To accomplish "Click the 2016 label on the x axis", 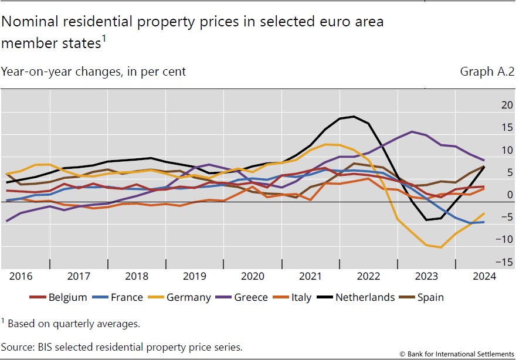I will [20, 276].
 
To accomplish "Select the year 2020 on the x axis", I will [253, 276].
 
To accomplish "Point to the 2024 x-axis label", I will [484, 276].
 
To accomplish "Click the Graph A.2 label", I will [487, 72].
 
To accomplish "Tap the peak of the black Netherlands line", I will [353, 116].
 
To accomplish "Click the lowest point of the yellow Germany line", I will [441, 247].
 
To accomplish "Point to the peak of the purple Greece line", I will [412, 131].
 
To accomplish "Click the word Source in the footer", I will [17, 347].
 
